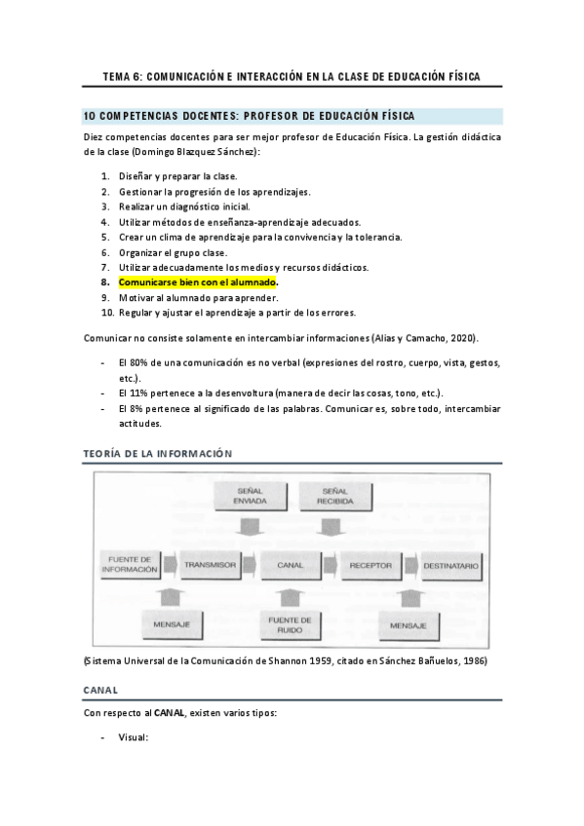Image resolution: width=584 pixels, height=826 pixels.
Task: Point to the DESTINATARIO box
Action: pyautogui.click(x=451, y=565)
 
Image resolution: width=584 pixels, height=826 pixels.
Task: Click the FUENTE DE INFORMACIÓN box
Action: pyautogui.click(x=130, y=565)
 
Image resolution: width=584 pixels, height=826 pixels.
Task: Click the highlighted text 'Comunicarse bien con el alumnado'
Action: pyautogui.click(x=198, y=282)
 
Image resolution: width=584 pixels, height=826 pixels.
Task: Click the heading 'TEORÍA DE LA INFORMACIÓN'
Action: pyautogui.click(x=158, y=454)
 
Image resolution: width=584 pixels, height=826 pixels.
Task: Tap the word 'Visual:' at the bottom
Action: pyautogui.click(x=133, y=737)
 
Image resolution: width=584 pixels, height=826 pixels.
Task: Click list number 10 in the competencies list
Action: pyautogui.click(x=107, y=313)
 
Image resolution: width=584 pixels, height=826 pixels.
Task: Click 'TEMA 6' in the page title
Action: pyautogui.click(x=122, y=76)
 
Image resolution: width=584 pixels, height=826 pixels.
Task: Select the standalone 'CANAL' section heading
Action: pyautogui.click(x=100, y=690)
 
